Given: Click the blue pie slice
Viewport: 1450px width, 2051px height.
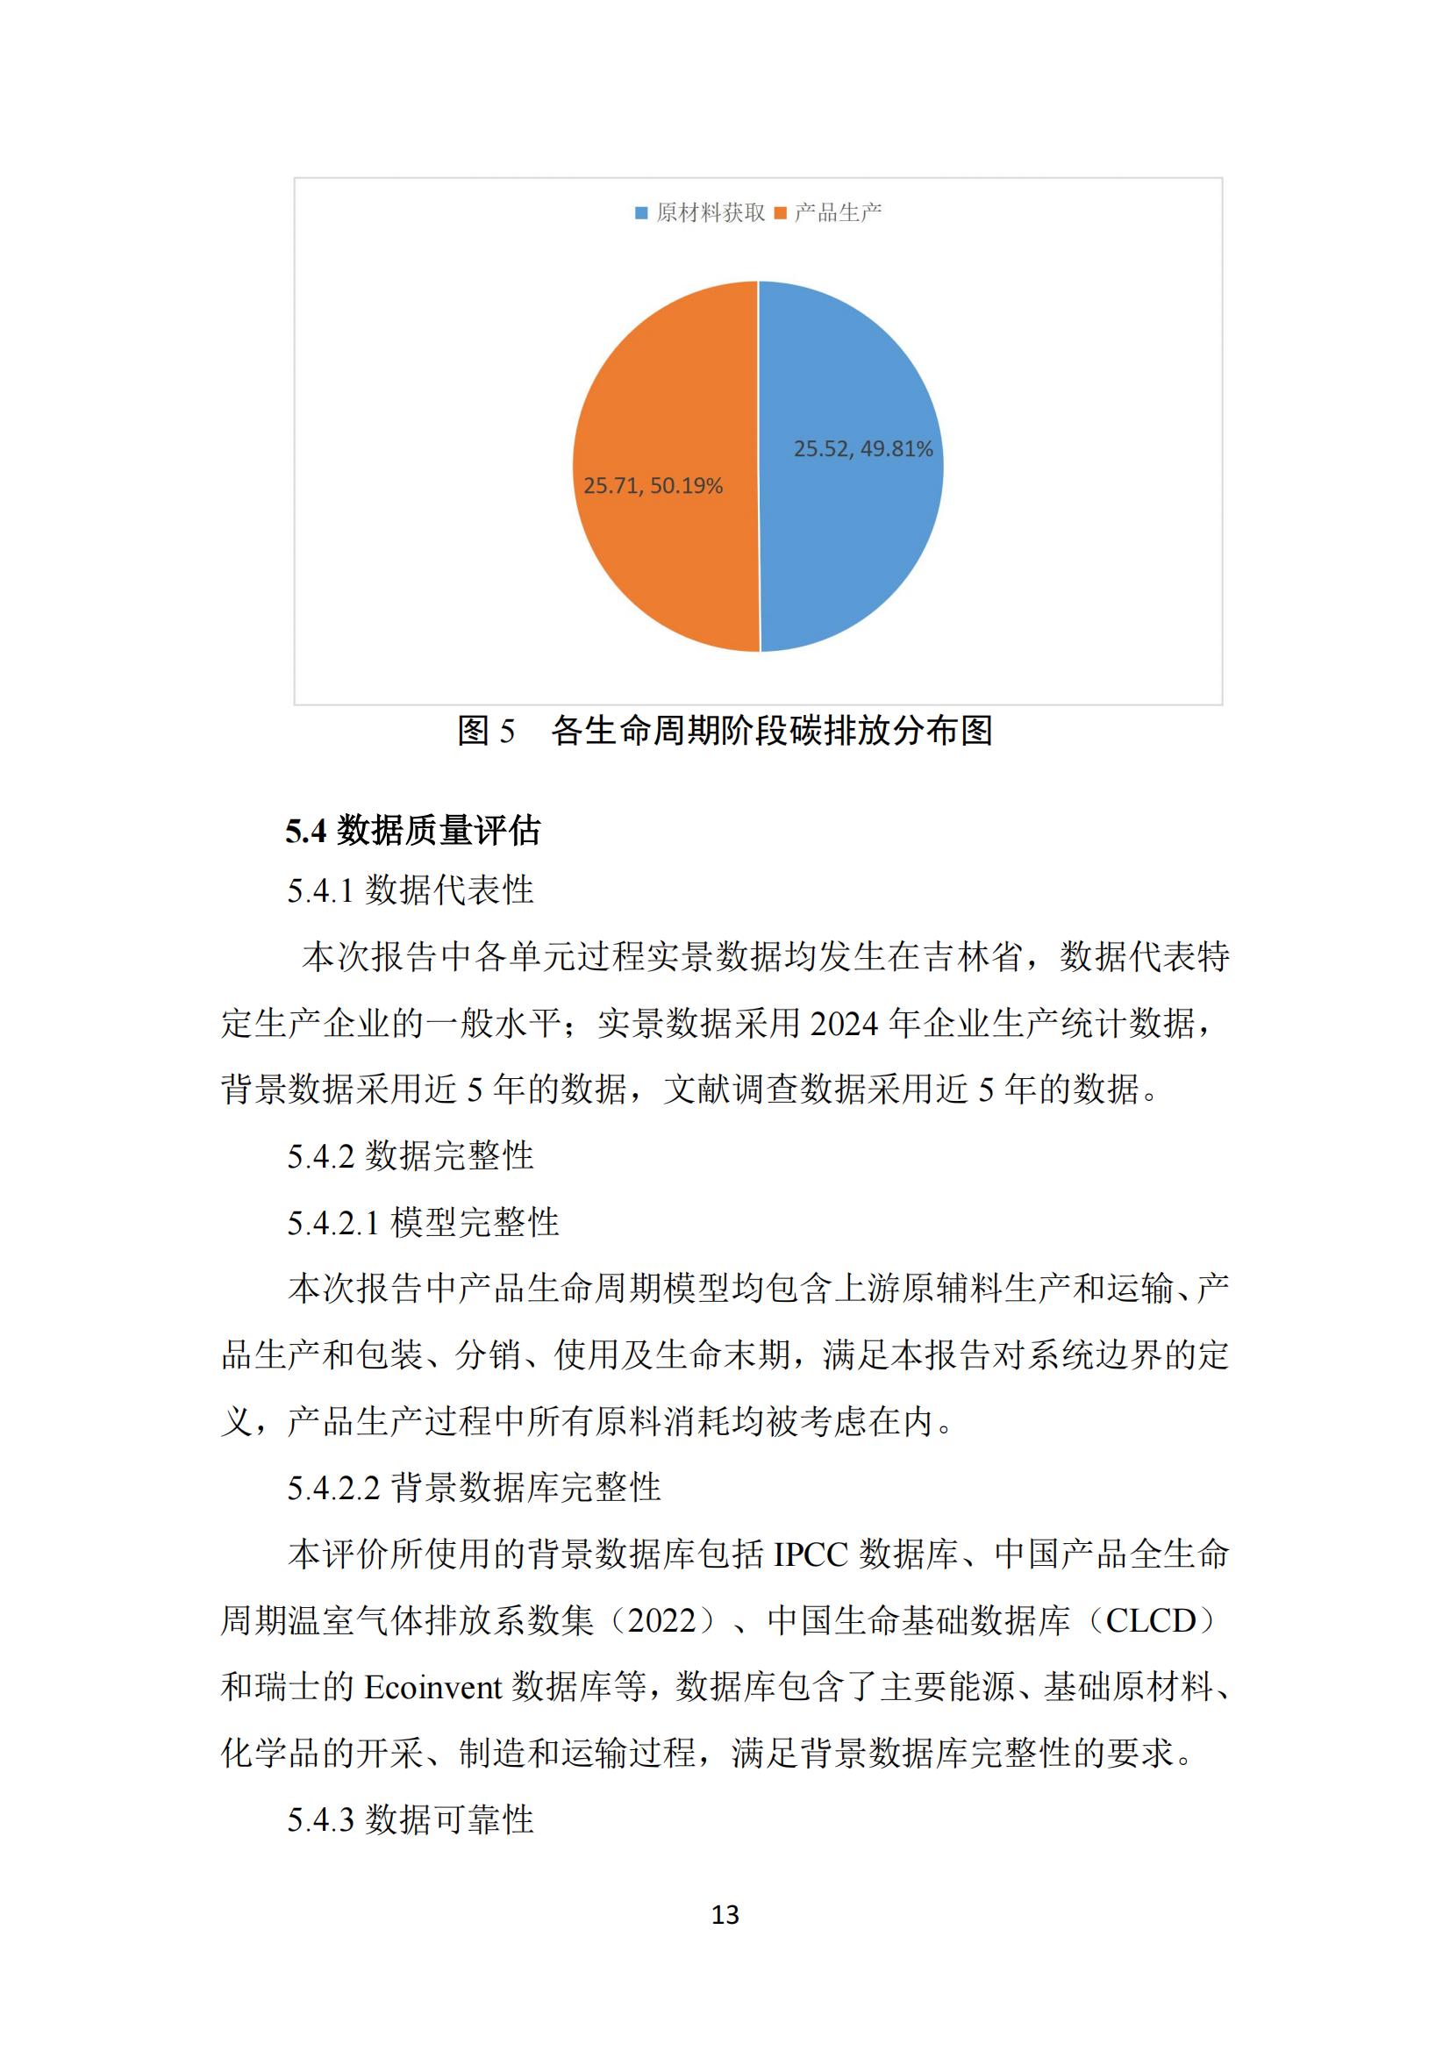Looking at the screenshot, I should coord(849,536).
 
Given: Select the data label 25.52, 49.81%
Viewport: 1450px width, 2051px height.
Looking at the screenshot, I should coord(862,448).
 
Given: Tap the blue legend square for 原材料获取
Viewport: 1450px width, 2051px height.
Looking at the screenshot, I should coord(640,212).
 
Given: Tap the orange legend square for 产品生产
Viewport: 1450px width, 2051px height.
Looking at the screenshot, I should coord(780,212).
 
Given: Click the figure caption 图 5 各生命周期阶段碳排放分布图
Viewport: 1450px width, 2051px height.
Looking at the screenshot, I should coord(725,731).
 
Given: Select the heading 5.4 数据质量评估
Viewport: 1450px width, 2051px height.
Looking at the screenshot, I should coord(413,831).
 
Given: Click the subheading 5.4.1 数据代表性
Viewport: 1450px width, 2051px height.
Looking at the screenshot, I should coord(410,890).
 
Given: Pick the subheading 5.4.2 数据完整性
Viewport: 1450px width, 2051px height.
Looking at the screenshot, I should coord(410,1156).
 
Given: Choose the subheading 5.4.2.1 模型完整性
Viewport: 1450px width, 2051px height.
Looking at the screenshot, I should coord(423,1222).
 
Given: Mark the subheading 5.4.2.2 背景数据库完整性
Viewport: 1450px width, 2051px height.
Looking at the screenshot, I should coord(474,1488).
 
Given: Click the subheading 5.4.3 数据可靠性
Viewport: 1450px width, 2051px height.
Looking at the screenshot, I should coord(410,1819).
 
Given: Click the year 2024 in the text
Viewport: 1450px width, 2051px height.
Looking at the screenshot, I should coord(844,1024).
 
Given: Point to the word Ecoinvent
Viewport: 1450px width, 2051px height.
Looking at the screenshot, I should coord(433,1688).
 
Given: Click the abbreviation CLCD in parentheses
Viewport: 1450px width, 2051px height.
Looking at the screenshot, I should coord(1150,1621).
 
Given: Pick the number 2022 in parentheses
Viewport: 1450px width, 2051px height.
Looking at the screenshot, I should coord(661,1621).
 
